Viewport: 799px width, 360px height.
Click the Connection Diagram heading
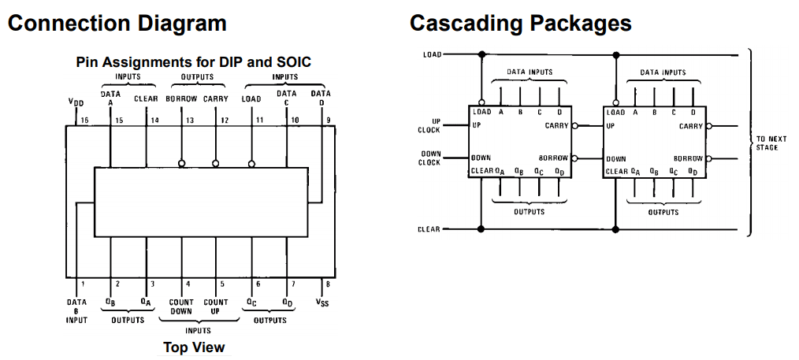pos(117,24)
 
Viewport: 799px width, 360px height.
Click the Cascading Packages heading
pos(520,24)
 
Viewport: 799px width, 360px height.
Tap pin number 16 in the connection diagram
pos(84,121)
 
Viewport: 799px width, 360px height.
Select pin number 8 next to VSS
pos(328,284)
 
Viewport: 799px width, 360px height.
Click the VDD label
pos(76,102)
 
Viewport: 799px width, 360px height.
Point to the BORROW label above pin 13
pos(181,98)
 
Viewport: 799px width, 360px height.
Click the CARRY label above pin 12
pos(216,98)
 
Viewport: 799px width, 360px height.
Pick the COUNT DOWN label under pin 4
pos(181,306)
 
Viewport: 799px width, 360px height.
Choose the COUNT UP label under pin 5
pos(215,306)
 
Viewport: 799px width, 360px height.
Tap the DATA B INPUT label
pos(77,310)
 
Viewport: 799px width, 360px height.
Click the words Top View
pos(194,347)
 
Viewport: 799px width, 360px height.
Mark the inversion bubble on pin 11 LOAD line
pos(251,163)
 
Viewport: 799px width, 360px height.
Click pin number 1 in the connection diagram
pos(83,284)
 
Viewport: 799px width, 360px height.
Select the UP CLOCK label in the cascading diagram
pos(429,126)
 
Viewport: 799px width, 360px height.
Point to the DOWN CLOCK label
pos(429,158)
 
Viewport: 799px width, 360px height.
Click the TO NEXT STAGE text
pos(767,143)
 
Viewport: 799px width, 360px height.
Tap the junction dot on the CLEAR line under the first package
pos(481,229)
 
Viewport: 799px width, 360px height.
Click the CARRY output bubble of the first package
pos(574,126)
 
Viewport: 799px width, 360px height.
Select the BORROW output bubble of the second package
pos(709,158)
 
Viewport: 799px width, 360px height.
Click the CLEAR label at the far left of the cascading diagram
pos(429,229)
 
